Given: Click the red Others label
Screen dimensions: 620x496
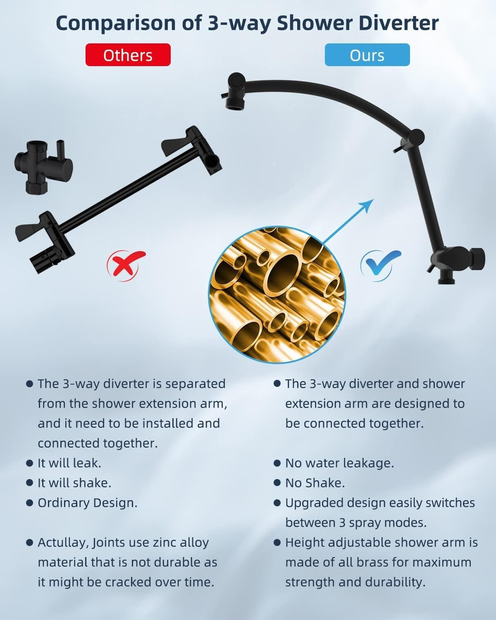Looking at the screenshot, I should click(128, 55).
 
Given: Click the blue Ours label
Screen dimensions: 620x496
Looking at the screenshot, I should click(367, 55).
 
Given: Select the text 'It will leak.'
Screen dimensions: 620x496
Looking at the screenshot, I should click(69, 463).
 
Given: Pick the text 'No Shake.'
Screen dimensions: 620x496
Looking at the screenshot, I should click(315, 483).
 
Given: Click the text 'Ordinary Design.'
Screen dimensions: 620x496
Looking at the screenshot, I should click(87, 503).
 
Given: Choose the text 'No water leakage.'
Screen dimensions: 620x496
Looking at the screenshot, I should click(339, 463).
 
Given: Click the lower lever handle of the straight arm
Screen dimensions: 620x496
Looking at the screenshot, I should click(31, 229).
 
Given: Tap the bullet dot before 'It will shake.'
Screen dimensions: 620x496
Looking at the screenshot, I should click(29, 483).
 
